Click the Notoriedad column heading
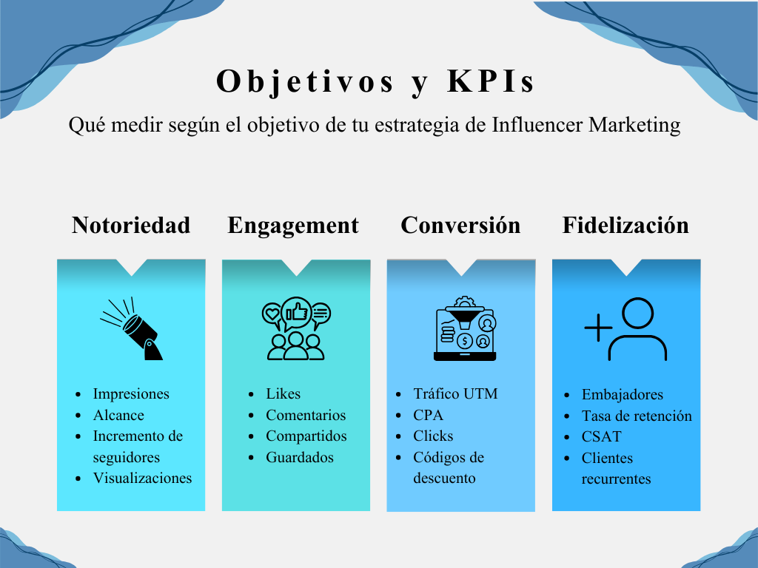pyautogui.click(x=131, y=225)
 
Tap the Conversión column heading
pyautogui.click(x=460, y=225)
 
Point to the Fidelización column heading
pyautogui.click(x=625, y=225)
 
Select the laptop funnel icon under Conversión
pyautogui.click(x=465, y=328)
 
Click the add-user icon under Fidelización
pyautogui.click(x=625, y=329)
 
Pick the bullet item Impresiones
pyautogui.click(x=131, y=393)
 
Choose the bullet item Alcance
pyautogui.click(x=118, y=415)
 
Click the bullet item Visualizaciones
pyautogui.click(x=142, y=478)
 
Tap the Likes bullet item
pyautogui.click(x=284, y=393)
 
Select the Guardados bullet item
pyautogui.click(x=300, y=457)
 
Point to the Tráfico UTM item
pyautogui.click(x=455, y=393)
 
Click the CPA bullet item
pyautogui.click(x=429, y=415)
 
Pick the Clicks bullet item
pyautogui.click(x=433, y=436)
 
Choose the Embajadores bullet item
pyautogui.click(x=622, y=394)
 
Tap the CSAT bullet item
pyautogui.click(x=601, y=436)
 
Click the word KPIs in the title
pyautogui.click(x=491, y=81)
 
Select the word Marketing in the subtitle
pyautogui.click(x=634, y=125)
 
